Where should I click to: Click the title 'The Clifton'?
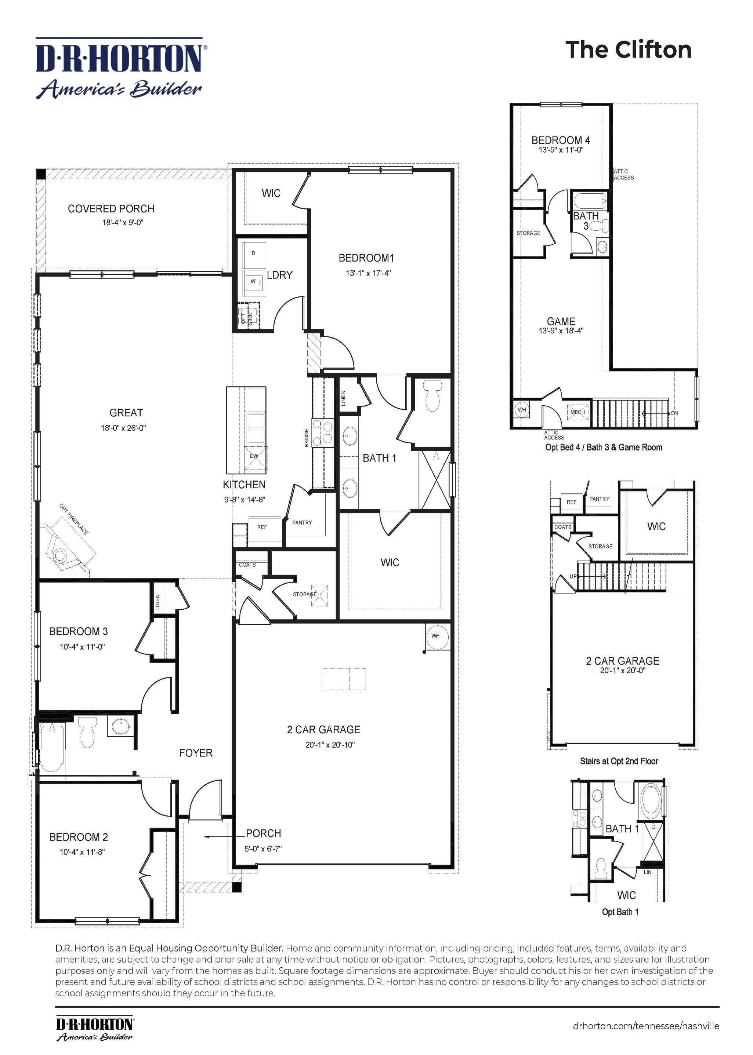[x=628, y=50]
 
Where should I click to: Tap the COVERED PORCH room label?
[x=111, y=209]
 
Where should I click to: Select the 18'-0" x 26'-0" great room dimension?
[x=123, y=428]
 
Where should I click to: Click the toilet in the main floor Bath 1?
[x=432, y=399]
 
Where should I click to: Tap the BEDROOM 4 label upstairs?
[x=561, y=140]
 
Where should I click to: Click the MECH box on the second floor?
[x=577, y=412]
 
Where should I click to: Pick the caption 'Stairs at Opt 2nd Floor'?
[x=619, y=761]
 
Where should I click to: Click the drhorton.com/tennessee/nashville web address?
[x=646, y=1026]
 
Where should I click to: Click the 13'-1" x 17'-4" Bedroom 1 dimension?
[x=368, y=273]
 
